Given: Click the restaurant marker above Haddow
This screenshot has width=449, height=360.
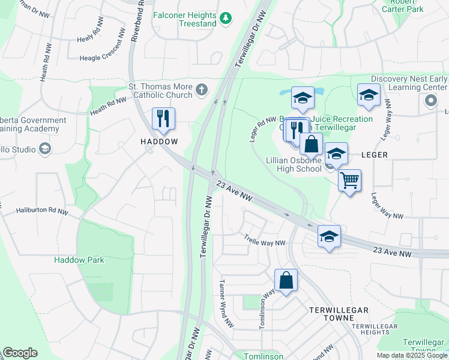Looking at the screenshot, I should click(x=163, y=119).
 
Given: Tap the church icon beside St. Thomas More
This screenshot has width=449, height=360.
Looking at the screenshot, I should click(x=202, y=90).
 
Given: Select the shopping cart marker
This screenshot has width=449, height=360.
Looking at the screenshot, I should click(x=349, y=180).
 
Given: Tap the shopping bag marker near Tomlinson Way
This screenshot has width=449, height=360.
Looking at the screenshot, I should click(x=286, y=280).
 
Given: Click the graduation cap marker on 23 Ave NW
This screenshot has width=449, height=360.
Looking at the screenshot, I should click(x=329, y=237).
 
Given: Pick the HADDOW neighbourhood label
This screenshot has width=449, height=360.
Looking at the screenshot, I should click(x=159, y=142).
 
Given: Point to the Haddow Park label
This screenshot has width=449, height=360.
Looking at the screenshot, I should click(x=79, y=260).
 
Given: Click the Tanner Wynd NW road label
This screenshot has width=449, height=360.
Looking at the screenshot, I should click(x=226, y=304).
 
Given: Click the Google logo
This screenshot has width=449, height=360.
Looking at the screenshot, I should click(x=20, y=353).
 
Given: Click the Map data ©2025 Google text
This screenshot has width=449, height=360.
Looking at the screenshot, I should click(x=411, y=355).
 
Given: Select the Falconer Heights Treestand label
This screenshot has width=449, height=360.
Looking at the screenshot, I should click(x=184, y=19).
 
